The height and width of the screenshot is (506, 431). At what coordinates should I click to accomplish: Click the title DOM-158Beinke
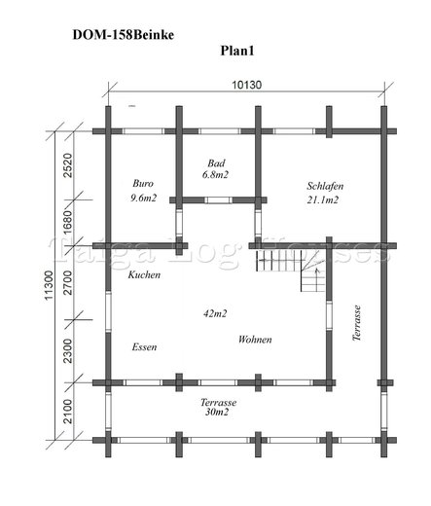pyautogui.click(x=124, y=35)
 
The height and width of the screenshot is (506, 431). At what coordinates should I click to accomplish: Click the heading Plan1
pyautogui.click(x=237, y=51)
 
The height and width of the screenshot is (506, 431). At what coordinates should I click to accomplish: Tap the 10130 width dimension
pyautogui.click(x=246, y=85)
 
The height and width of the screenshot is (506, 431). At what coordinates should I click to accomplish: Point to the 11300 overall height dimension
pyautogui.click(x=49, y=285)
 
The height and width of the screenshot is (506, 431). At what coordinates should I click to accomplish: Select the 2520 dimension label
pyautogui.click(x=68, y=165)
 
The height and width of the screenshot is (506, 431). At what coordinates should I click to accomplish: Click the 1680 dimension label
pyautogui.click(x=68, y=222)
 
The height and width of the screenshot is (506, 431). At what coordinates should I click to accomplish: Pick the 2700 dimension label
pyautogui.click(x=68, y=282)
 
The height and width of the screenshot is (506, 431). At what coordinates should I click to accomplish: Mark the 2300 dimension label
pyautogui.click(x=68, y=351)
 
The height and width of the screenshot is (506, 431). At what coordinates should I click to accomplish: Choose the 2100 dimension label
pyautogui.click(x=68, y=412)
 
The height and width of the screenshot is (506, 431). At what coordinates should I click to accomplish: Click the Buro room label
pyautogui.click(x=143, y=184)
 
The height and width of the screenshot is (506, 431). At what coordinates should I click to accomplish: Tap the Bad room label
pyautogui.click(x=216, y=163)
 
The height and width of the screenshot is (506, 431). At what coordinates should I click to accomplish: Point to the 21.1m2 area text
pyautogui.click(x=323, y=199)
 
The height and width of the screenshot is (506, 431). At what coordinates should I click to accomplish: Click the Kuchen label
pyautogui.click(x=144, y=274)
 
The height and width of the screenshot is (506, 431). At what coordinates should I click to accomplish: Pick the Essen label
pyautogui.click(x=144, y=347)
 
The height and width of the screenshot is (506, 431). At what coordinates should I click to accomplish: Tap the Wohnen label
pyautogui.click(x=255, y=340)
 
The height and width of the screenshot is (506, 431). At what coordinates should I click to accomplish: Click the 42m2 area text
pyautogui.click(x=215, y=313)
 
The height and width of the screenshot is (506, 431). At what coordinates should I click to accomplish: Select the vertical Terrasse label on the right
pyautogui.click(x=357, y=323)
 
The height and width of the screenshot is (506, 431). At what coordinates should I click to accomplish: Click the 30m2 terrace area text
pyautogui.click(x=217, y=412)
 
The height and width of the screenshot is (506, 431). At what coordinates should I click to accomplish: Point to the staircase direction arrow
pyautogui.click(x=318, y=275)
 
